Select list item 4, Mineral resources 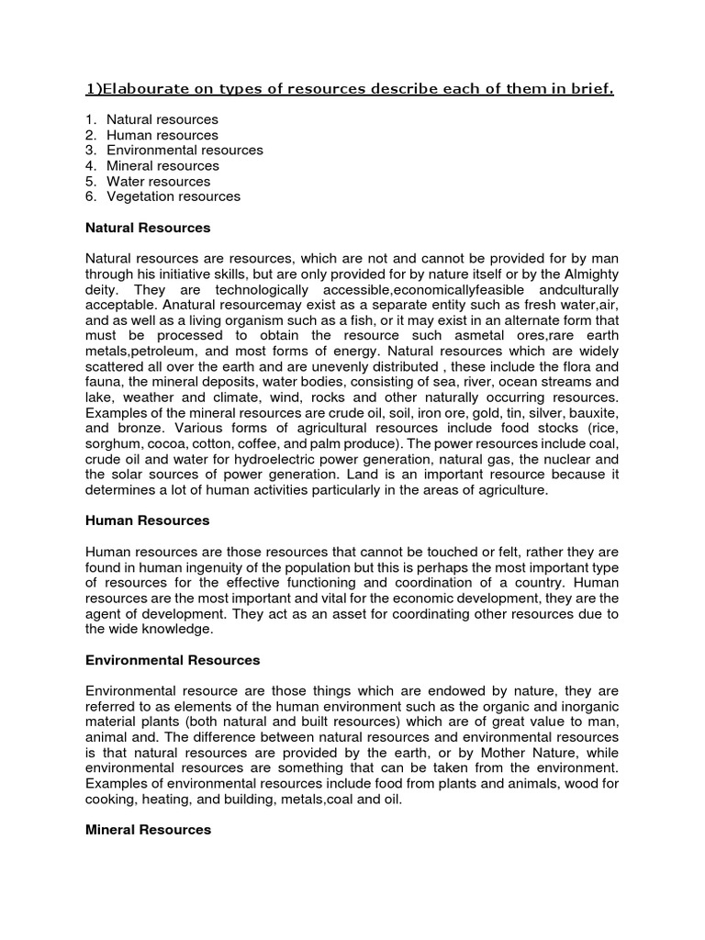coord(162,165)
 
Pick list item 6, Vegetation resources coord(173,196)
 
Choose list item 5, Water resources coord(159,181)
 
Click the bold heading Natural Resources coord(148,227)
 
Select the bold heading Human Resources coord(147,520)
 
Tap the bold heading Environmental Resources coord(173,660)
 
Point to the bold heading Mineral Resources coord(148,829)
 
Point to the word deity coord(103,291)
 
